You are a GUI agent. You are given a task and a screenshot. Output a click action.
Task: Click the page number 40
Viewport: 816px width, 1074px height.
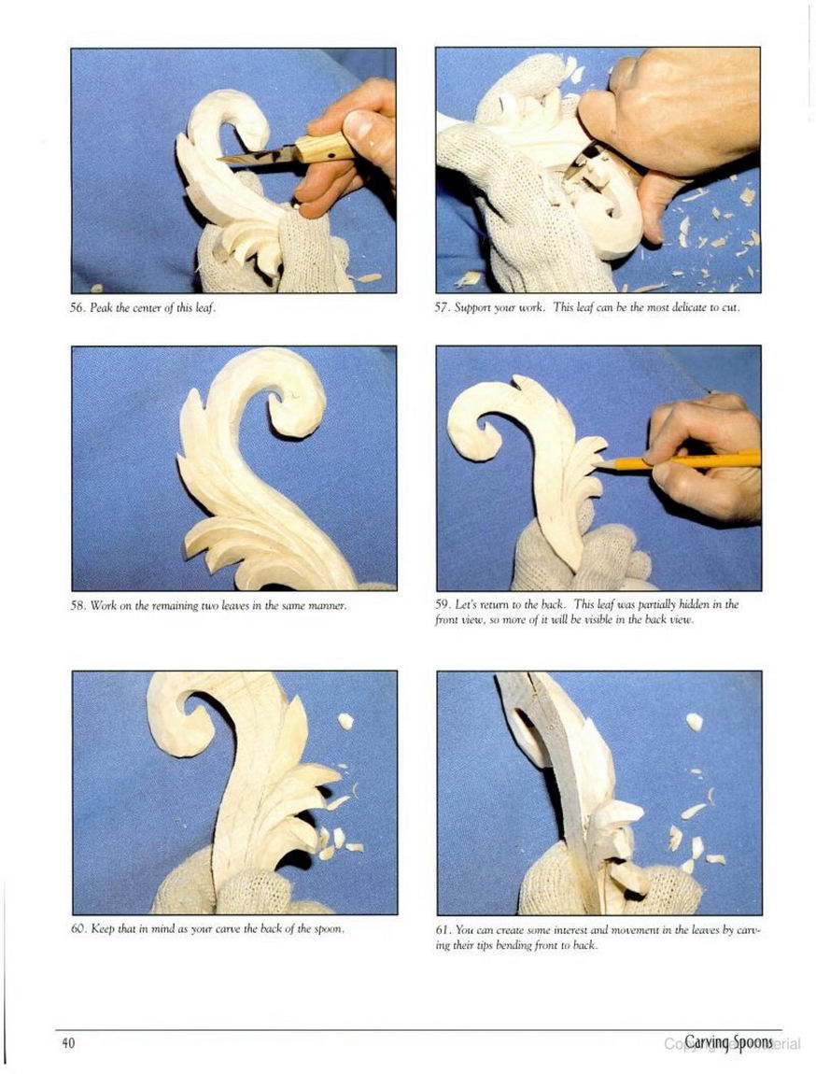68,1043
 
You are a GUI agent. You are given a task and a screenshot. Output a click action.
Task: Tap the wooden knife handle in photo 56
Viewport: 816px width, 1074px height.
325,148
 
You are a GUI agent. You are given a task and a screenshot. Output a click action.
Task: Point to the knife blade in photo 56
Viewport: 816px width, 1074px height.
258,157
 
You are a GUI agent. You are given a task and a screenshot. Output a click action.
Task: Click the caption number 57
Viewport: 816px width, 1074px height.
443,307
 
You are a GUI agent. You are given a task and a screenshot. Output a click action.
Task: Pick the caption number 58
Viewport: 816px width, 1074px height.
78,605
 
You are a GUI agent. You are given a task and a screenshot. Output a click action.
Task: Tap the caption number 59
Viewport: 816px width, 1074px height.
443,605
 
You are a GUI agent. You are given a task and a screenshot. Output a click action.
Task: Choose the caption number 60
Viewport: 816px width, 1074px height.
78,929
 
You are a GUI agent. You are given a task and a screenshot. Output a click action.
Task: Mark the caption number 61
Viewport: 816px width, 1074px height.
443,930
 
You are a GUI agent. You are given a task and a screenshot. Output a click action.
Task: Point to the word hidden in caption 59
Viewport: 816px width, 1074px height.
701,605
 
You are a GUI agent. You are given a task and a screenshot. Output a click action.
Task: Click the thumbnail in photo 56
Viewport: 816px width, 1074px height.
359,125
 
